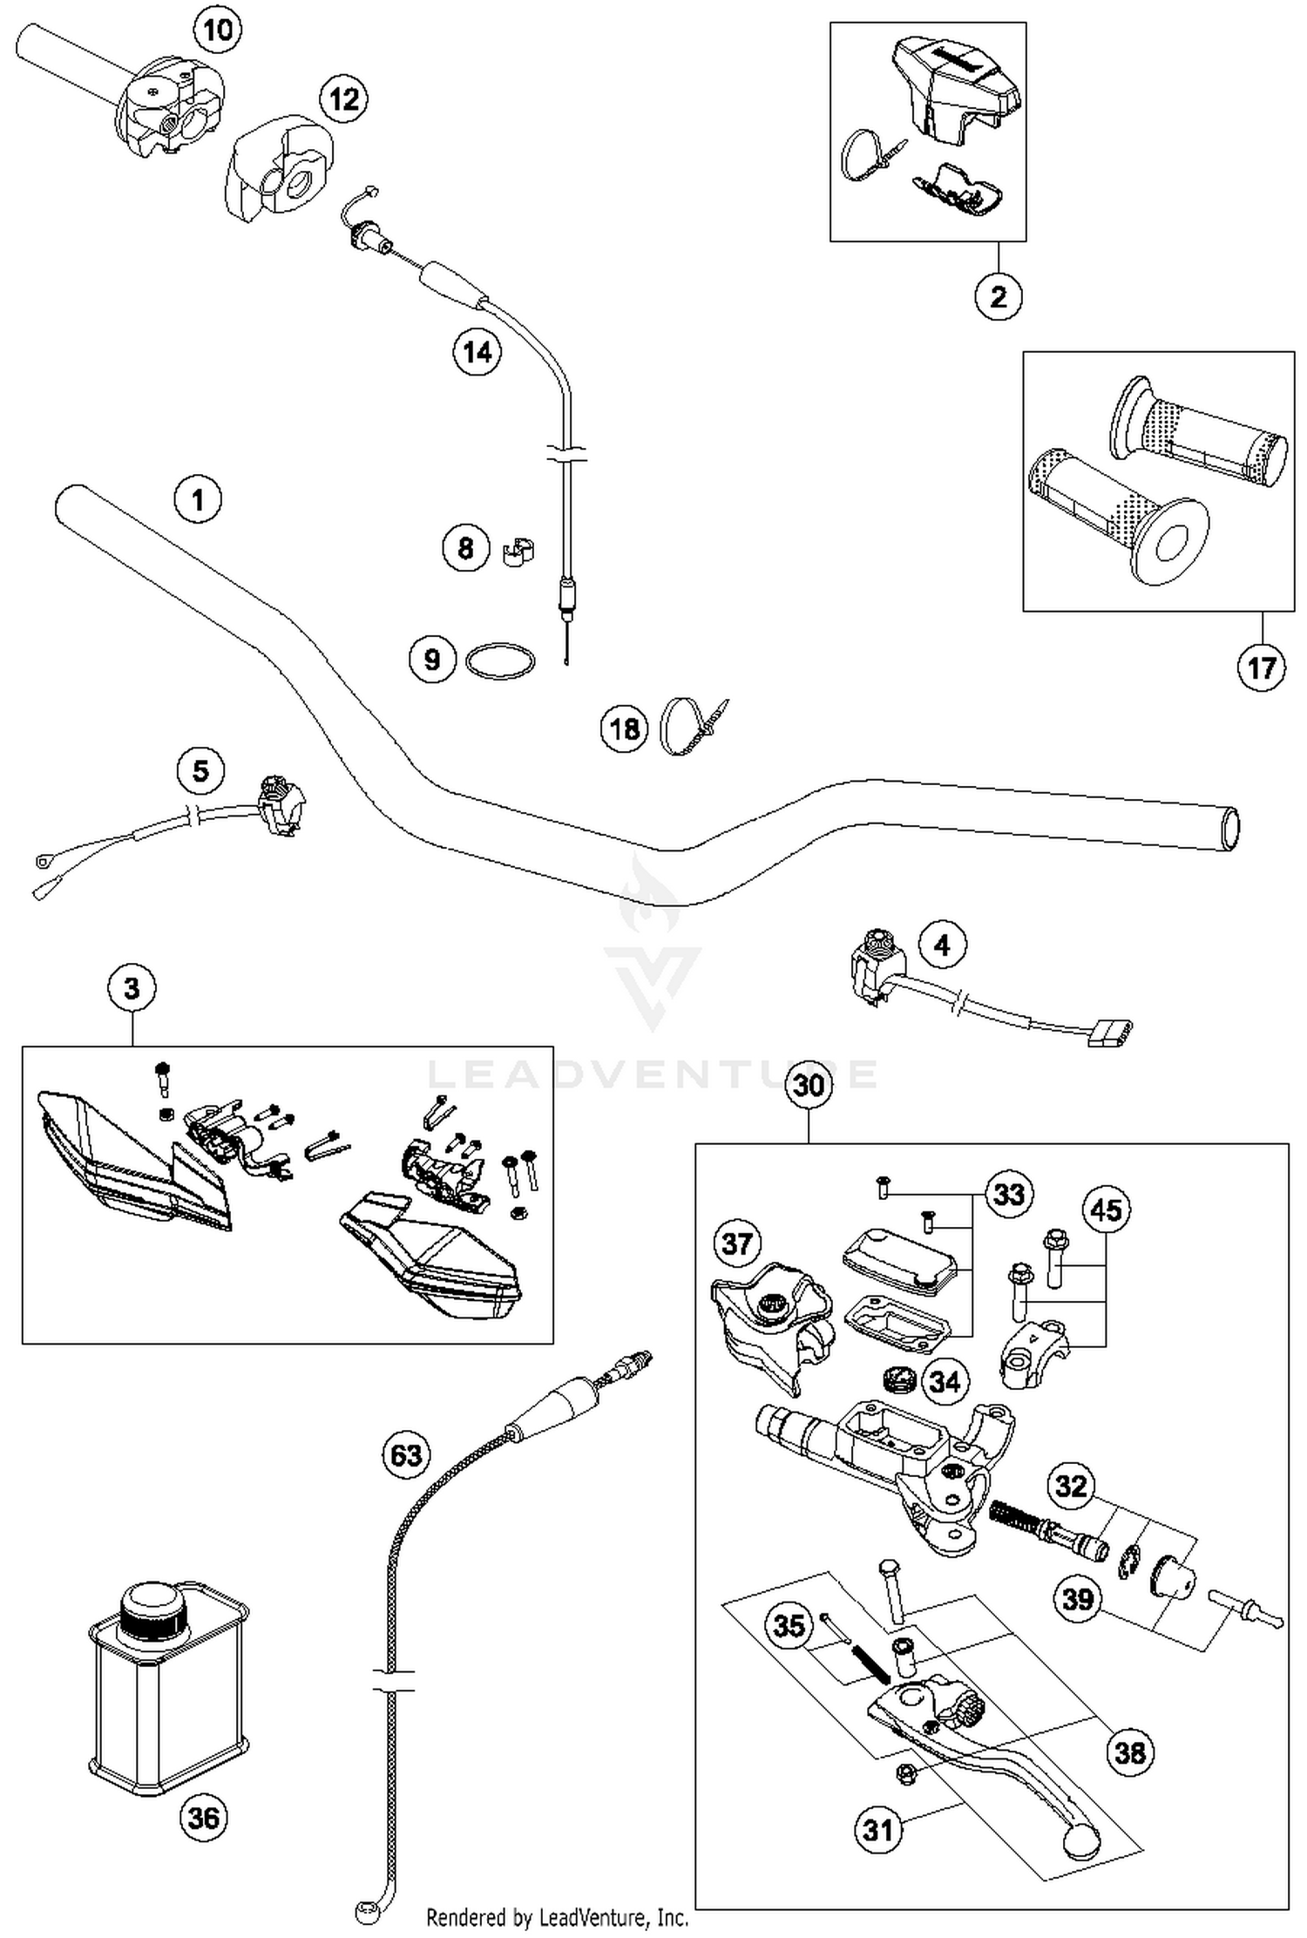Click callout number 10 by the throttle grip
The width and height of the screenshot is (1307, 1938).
[217, 30]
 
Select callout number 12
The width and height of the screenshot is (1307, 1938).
[343, 98]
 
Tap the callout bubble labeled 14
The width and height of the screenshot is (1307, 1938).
[477, 352]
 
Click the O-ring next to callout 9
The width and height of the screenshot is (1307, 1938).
[499, 661]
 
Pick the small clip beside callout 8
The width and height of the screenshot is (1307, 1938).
[518, 551]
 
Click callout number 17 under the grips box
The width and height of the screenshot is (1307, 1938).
[1261, 667]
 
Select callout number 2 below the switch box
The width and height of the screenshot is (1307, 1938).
[998, 296]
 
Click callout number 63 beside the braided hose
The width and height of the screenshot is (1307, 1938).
[406, 1454]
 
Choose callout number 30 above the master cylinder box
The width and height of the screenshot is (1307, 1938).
[809, 1085]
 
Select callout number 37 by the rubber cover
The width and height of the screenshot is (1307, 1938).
[736, 1243]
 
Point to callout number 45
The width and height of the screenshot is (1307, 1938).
[1106, 1210]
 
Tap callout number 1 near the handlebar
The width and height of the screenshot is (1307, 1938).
[198, 499]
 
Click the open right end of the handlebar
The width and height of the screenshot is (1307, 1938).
[1229, 829]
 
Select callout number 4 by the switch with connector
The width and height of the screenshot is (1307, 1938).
[941, 945]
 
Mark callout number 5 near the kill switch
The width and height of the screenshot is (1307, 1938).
[200, 770]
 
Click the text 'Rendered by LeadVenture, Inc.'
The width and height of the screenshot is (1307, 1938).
[557, 1916]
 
